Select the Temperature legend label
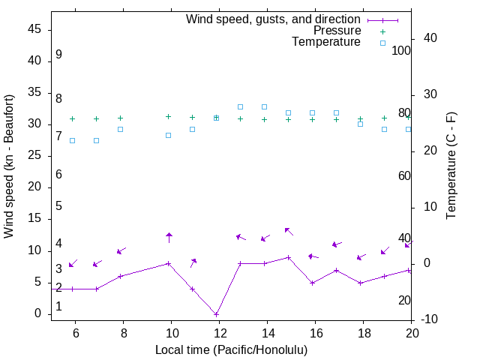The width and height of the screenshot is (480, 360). (x=326, y=42)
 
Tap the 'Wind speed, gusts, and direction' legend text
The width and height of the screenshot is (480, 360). (x=274, y=19)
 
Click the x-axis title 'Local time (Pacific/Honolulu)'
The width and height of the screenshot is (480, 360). (x=231, y=349)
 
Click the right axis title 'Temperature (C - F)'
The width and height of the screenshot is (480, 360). (x=451, y=166)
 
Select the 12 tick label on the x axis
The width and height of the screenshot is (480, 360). (x=220, y=332)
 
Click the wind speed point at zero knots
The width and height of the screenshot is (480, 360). (x=216, y=314)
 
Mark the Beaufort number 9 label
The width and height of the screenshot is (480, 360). (x=58, y=55)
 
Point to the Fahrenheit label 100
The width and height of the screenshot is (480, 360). (x=401, y=51)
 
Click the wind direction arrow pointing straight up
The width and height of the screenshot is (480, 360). (x=169, y=238)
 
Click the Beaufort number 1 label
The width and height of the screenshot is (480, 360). (x=58, y=306)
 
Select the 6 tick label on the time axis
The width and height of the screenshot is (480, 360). (x=75, y=332)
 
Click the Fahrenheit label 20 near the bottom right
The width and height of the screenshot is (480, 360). (x=404, y=300)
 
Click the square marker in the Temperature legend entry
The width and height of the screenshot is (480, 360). (x=382, y=43)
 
